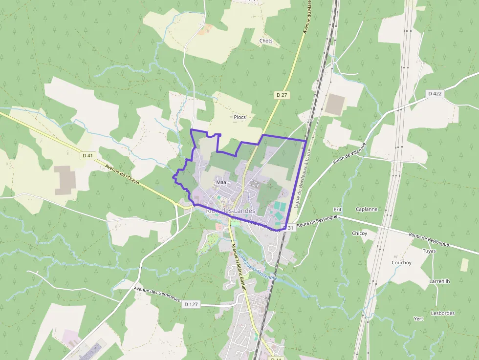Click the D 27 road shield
coord(281,95)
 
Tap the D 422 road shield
coord(435,93)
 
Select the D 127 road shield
coord(191,304)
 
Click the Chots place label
coord(266,41)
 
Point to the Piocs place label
coord(239,117)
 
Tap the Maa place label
coord(220,182)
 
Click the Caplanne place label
coord(367,209)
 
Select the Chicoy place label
coord(359,233)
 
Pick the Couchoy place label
coord(401,263)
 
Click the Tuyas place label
coord(429,251)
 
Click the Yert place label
coord(418,318)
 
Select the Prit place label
coord(337,210)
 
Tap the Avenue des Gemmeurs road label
coord(157,292)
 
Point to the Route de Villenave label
coord(349,154)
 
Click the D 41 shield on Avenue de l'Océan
coord(88,155)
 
